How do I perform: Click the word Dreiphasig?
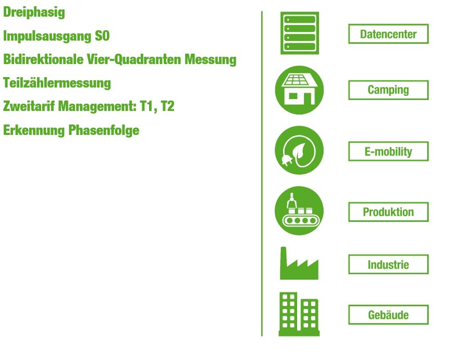tap(34, 13)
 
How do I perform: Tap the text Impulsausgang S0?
tap(56, 36)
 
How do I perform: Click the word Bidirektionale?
tap(43, 59)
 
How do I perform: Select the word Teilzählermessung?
tap(57, 83)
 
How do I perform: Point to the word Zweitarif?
tap(29, 106)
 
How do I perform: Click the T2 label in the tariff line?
tap(167, 106)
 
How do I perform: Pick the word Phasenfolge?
tap(104, 130)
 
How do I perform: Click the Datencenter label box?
tap(388, 34)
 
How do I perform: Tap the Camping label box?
tap(388, 90)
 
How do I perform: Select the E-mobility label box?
tap(388, 152)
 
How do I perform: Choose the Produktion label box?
tap(388, 212)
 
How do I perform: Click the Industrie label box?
tap(388, 264)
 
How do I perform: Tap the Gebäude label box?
tap(388, 315)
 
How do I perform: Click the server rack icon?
tap(300, 33)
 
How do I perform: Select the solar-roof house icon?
tap(299, 90)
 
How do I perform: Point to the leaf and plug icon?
tap(299, 150)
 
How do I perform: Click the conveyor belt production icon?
tap(299, 210)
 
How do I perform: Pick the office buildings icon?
tap(299, 314)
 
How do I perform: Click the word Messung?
tap(211, 59)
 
